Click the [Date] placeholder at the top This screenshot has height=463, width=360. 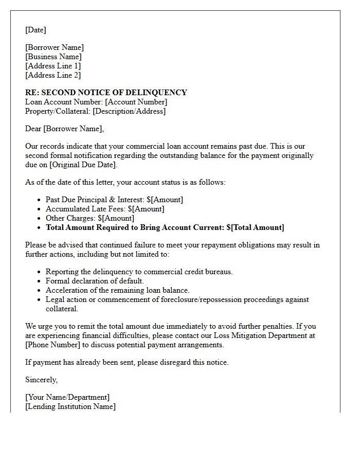(x=35, y=30)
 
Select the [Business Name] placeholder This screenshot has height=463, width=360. (x=53, y=57)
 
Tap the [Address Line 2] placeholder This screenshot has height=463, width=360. (x=53, y=75)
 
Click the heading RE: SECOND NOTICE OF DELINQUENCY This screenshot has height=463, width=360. (x=106, y=93)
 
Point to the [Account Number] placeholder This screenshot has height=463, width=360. (x=136, y=102)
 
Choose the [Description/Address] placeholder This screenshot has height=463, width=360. (x=129, y=111)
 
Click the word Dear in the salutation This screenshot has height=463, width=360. (x=33, y=129)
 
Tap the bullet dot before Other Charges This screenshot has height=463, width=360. (x=40, y=219)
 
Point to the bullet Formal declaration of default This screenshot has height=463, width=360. (x=95, y=281)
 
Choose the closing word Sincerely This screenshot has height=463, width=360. (x=41, y=380)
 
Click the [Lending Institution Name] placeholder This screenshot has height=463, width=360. (x=70, y=406)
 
